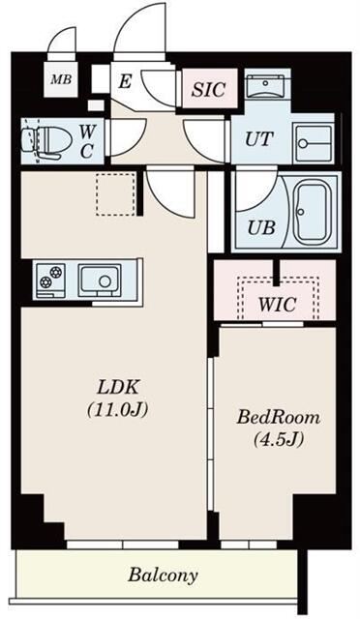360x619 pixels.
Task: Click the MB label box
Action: pyautogui.click(x=60, y=79)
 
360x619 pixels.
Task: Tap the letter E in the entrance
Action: pyautogui.click(x=124, y=82)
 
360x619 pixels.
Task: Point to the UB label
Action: pyautogui.click(x=259, y=228)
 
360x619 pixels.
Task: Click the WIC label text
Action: pyautogui.click(x=276, y=304)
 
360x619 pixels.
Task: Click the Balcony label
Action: pyautogui.click(x=163, y=575)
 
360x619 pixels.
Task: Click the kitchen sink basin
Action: pyautogui.click(x=98, y=280)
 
